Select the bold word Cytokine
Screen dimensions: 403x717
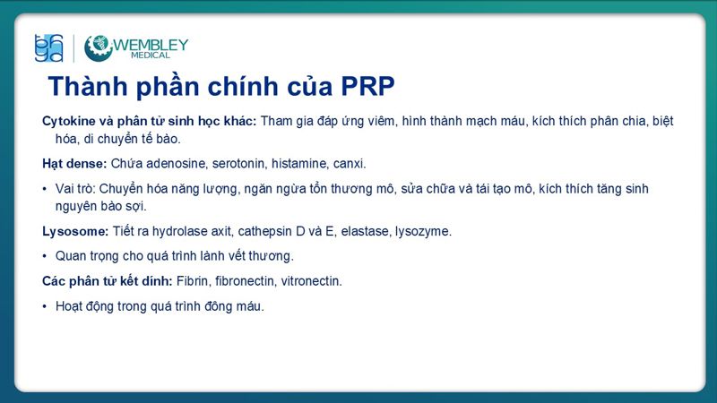click(68, 121)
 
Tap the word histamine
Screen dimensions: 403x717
click(302, 164)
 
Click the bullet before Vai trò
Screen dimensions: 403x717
click(45, 189)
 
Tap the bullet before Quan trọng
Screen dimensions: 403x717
click(45, 256)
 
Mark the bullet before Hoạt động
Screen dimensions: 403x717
click(45, 306)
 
